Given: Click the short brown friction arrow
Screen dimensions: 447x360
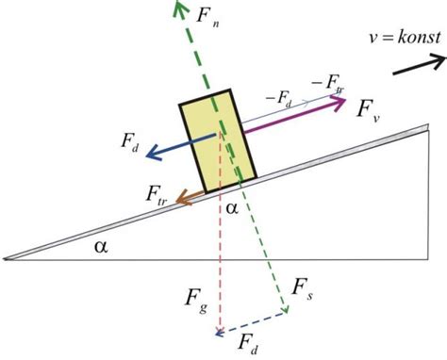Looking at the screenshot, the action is pos(193,197).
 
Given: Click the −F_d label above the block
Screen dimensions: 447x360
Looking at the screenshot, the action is pos(275,96).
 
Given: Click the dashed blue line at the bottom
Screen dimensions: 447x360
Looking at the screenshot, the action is pos(253,323).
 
